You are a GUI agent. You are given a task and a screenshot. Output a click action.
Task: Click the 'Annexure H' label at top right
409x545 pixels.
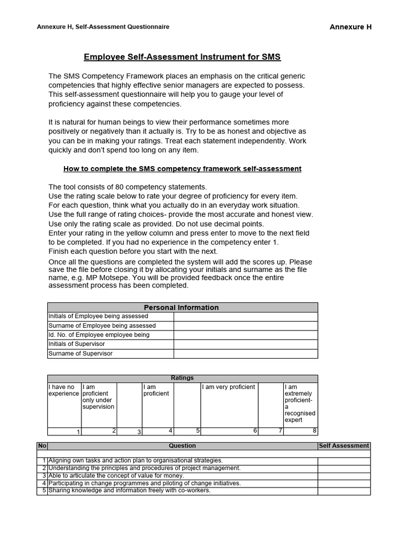pyautogui.click(x=350, y=27)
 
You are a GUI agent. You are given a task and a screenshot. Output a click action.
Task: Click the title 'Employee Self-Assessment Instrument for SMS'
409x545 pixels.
pyautogui.click(x=182, y=56)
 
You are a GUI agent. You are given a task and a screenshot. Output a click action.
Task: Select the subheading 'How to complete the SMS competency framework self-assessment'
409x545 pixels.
pyautogui.click(x=182, y=169)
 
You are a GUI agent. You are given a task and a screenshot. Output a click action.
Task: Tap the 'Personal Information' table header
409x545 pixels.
pyautogui.click(x=182, y=308)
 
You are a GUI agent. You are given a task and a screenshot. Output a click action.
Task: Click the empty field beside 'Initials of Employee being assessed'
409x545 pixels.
pyautogui.click(x=245, y=317)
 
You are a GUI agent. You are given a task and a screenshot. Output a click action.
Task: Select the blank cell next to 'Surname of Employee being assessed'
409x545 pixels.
pyautogui.click(x=245, y=326)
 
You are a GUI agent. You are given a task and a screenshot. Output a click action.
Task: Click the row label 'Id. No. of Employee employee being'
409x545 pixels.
pyautogui.click(x=99, y=335)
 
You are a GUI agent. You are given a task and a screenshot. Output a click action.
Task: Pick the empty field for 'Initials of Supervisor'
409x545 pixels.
pyautogui.click(x=245, y=344)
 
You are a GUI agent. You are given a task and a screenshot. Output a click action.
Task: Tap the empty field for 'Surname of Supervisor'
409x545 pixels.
pyautogui.click(x=245, y=353)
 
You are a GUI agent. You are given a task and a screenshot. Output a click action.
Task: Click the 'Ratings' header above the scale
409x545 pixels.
pyautogui.click(x=182, y=378)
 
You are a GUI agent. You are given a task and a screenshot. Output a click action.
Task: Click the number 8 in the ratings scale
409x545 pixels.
pyautogui.click(x=315, y=431)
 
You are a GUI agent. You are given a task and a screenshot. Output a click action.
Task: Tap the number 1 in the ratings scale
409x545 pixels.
pyautogui.click(x=78, y=432)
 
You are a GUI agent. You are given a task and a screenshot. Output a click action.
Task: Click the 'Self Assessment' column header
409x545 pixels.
pyautogui.click(x=343, y=446)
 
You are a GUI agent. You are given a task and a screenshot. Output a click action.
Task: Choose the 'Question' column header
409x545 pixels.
pyautogui.click(x=182, y=446)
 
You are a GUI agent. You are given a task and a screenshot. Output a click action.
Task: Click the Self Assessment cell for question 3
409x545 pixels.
pyautogui.click(x=343, y=476)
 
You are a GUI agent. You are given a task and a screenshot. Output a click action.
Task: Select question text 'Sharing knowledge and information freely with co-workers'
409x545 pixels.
pyautogui.click(x=129, y=491)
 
